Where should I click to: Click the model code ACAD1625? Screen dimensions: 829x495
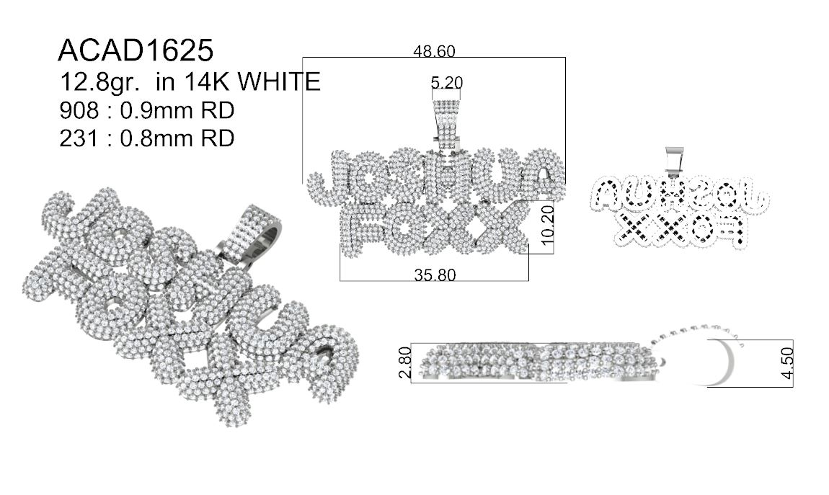[x=136, y=50]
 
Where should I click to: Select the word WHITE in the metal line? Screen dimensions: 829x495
[x=279, y=81]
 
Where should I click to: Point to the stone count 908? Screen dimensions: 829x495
[x=79, y=110]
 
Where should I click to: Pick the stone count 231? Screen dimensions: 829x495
[x=79, y=138]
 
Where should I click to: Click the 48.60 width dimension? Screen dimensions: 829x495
[x=434, y=50]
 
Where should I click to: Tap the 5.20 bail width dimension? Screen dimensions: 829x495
[x=447, y=82]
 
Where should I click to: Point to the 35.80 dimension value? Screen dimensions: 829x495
[x=435, y=275]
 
